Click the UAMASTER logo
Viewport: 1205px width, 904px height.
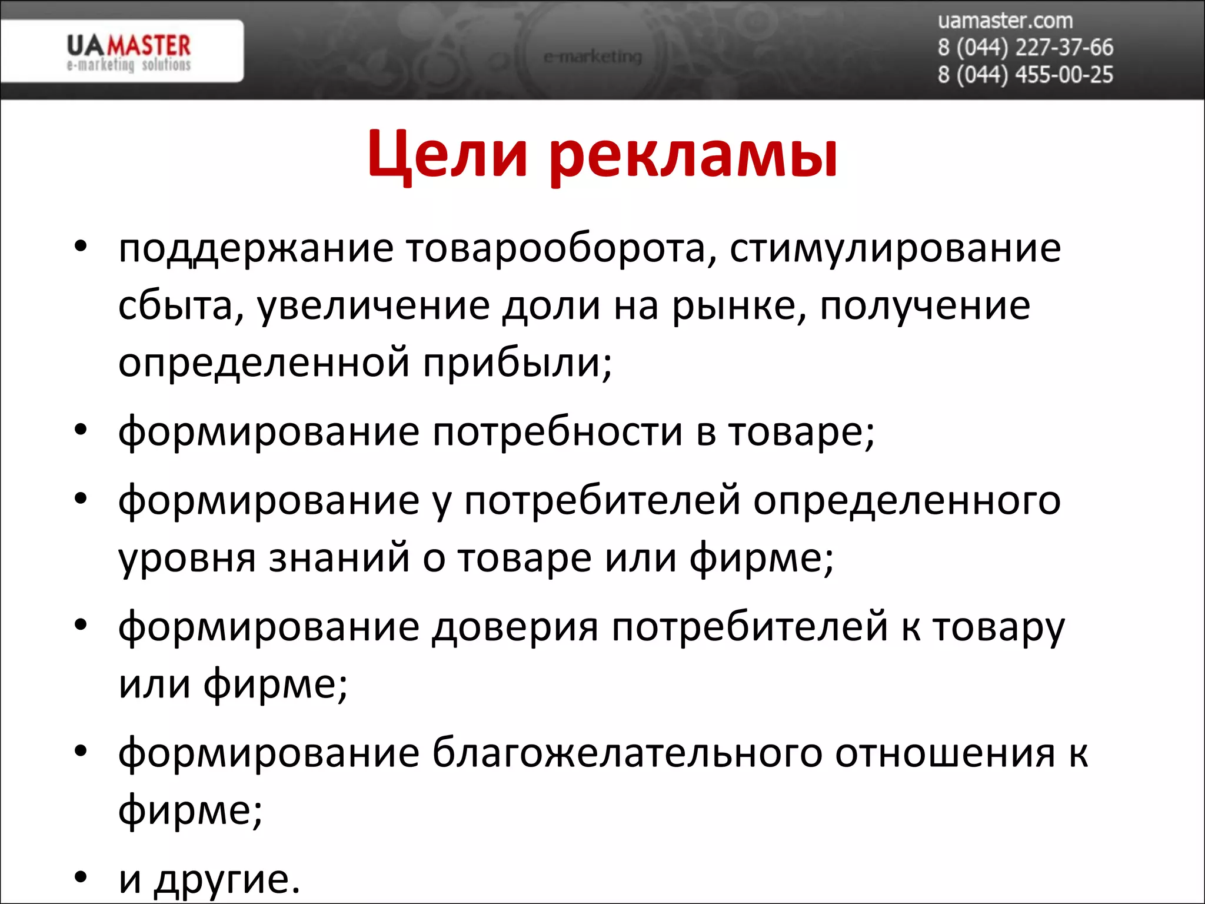click(x=128, y=52)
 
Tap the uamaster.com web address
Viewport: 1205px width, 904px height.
click(x=1005, y=21)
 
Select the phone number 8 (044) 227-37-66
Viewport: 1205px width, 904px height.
click(x=1025, y=48)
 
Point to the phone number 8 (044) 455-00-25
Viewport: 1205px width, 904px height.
click(x=1025, y=75)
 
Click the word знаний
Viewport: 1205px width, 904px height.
click(x=339, y=558)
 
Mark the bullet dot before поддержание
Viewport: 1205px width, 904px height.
click(x=81, y=245)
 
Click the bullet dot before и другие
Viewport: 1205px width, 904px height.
click(x=81, y=878)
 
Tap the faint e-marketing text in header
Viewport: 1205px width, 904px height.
click(x=592, y=57)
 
